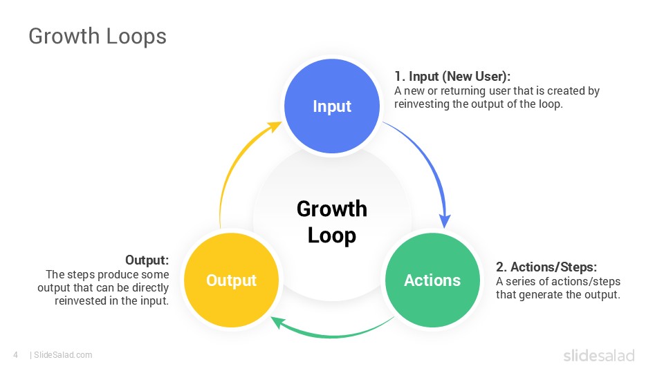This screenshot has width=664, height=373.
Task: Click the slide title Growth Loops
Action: click(x=98, y=36)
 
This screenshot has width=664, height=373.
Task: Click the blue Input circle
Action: click(x=332, y=106)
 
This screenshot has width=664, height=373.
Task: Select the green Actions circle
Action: click(x=432, y=280)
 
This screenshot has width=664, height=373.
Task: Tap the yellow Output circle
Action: click(x=231, y=280)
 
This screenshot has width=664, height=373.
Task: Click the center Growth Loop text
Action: click(x=332, y=222)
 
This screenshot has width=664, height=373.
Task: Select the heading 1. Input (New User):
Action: click(x=452, y=76)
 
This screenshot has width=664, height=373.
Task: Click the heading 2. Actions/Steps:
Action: click(x=546, y=267)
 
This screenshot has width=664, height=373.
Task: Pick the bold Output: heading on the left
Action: click(x=147, y=260)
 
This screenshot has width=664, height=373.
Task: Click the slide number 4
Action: click(x=15, y=355)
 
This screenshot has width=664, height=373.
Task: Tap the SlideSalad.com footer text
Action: click(x=63, y=355)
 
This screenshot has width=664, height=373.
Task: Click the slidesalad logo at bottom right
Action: click(x=598, y=356)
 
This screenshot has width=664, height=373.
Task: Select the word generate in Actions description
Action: click(x=542, y=294)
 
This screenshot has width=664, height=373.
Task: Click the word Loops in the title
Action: click(x=136, y=36)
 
